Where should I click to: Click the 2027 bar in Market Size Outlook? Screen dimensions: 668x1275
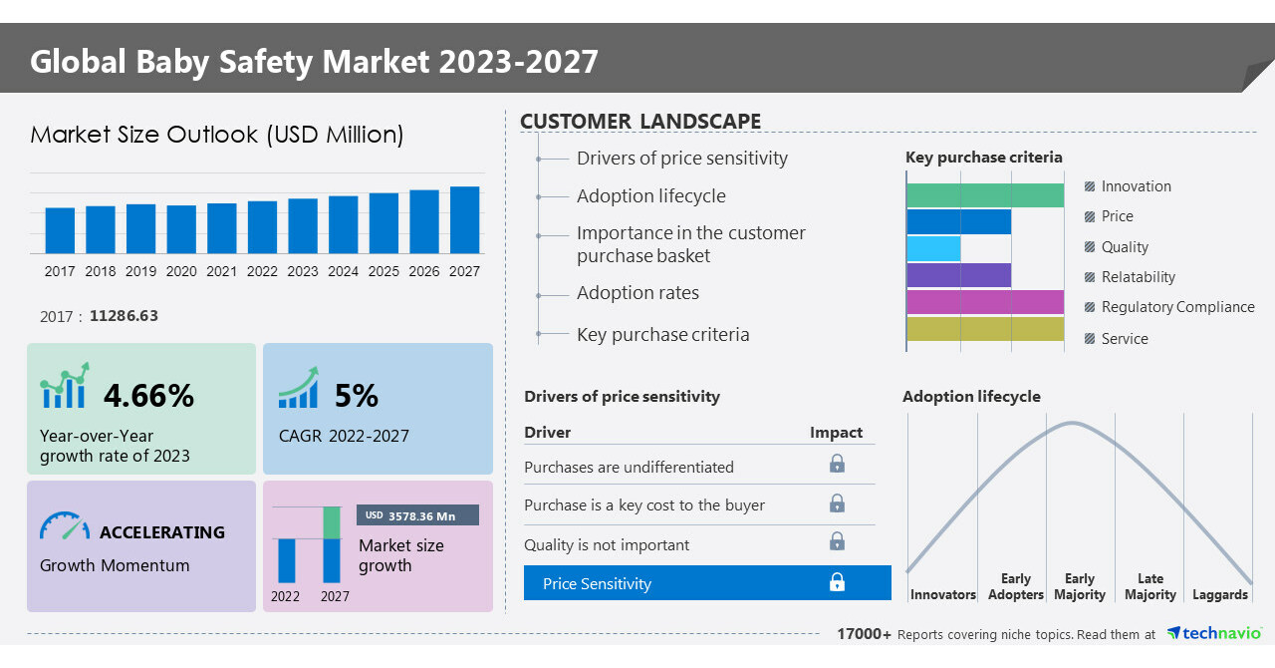(x=464, y=220)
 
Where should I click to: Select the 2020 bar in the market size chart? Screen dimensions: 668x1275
(x=181, y=229)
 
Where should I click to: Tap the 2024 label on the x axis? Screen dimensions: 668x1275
(x=343, y=271)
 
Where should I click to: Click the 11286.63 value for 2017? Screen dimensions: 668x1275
(x=124, y=316)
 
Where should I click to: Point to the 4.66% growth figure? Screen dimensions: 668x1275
(x=148, y=396)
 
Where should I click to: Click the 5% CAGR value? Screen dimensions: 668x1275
(x=356, y=396)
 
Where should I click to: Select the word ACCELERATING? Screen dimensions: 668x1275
(x=162, y=532)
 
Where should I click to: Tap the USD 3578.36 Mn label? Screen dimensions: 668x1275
(x=417, y=515)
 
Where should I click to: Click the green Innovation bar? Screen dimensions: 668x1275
(x=985, y=195)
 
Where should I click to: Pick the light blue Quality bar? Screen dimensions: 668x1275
(x=933, y=248)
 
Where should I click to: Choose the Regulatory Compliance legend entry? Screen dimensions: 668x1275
(x=1177, y=307)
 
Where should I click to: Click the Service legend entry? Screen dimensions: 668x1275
(x=1124, y=339)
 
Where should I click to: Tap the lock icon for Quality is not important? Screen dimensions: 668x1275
(x=837, y=541)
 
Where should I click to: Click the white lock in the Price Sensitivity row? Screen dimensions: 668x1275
(x=837, y=582)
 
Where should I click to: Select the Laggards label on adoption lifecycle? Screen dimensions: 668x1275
(x=1220, y=595)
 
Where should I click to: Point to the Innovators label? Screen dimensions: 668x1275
(x=942, y=595)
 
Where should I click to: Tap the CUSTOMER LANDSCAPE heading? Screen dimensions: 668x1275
(x=640, y=122)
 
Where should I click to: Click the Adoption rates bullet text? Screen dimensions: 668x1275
(x=637, y=293)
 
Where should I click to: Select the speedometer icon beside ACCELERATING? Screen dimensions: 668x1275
(x=65, y=526)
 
